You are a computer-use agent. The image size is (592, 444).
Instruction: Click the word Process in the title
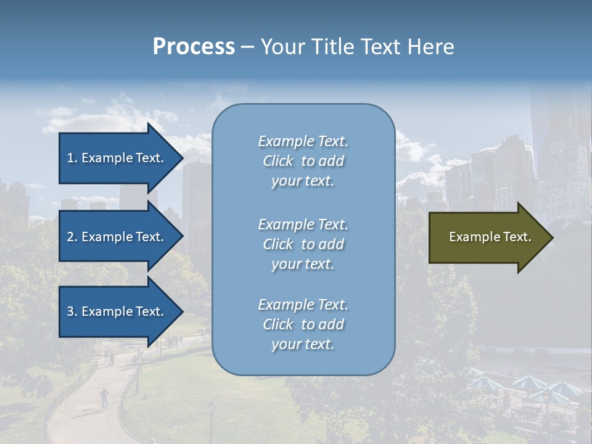point(194,47)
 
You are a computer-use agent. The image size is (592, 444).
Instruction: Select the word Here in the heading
point(429,47)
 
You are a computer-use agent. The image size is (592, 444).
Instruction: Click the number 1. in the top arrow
point(72,158)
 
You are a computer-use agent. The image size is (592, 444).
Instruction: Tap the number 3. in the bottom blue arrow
point(72,311)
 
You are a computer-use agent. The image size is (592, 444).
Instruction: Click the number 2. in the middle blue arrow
point(72,237)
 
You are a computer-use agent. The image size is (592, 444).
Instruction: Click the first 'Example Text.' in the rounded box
point(303,141)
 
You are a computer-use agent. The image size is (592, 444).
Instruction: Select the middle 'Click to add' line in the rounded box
point(303,244)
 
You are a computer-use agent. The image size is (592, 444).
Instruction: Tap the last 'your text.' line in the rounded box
point(303,344)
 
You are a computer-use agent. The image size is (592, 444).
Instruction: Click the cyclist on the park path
point(104,397)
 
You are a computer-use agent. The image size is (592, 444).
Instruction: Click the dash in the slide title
point(247,47)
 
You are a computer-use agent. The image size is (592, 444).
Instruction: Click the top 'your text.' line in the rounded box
point(303,181)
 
